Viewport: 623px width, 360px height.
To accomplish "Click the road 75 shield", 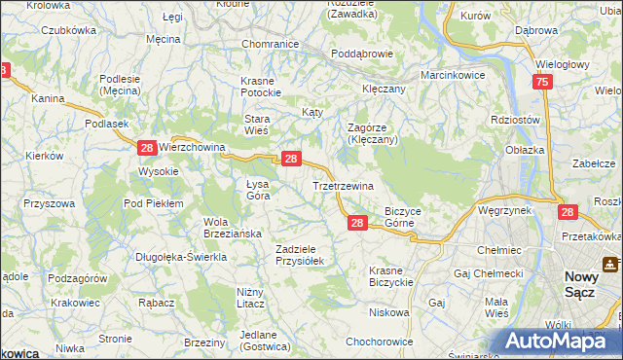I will [542, 83].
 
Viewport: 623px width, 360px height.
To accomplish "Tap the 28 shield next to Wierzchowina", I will [146, 147].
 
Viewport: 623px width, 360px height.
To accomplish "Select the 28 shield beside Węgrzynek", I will [568, 211].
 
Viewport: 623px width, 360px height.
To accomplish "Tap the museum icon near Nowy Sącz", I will [610, 263].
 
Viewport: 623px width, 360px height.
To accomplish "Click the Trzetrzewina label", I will [343, 185].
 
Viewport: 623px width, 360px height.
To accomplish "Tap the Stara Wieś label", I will [263, 124].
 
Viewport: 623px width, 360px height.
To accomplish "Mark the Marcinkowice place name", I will [454, 74].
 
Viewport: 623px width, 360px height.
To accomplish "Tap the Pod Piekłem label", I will [154, 202].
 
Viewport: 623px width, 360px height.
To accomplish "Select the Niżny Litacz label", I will [251, 297].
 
